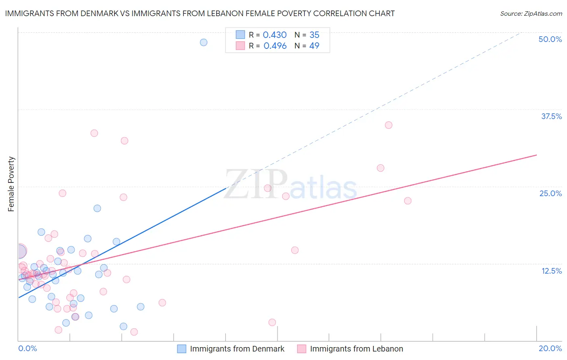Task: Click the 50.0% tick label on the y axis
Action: click(550, 39)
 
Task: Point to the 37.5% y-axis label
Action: click(551, 116)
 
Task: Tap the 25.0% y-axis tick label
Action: click(550, 193)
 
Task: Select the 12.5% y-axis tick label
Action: click(551, 271)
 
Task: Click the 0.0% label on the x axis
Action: click(27, 348)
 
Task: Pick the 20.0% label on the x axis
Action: click(550, 348)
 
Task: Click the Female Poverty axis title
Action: click(11, 184)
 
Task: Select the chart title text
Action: click(200, 13)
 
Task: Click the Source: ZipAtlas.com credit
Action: click(531, 13)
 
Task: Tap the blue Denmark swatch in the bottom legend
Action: click(182, 349)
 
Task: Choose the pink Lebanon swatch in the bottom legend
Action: click(302, 349)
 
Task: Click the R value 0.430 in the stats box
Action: click(275, 35)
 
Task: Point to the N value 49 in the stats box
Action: click(314, 46)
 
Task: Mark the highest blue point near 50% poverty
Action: click(204, 42)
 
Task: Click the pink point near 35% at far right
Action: click(388, 125)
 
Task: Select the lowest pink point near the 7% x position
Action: click(134, 332)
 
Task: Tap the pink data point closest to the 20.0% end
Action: click(408, 201)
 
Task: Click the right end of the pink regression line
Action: click(536, 155)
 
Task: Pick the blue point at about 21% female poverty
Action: click(97, 208)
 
